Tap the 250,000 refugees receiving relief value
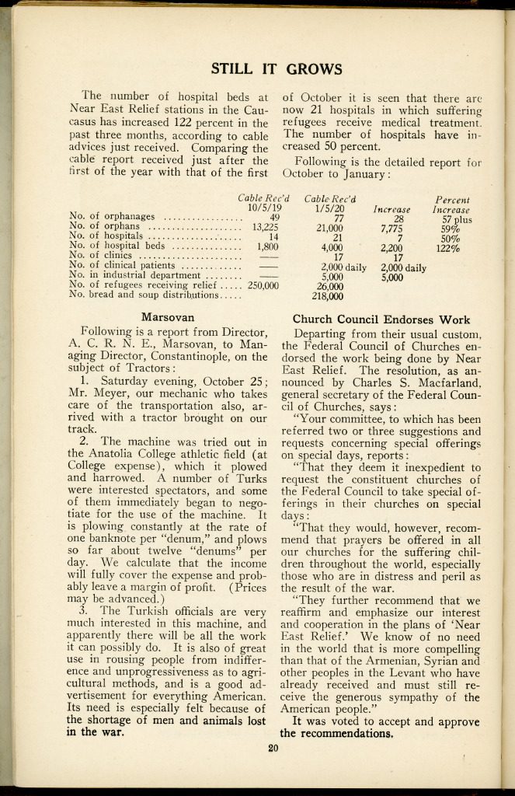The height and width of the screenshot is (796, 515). tap(263, 285)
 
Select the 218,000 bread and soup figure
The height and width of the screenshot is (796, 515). tap(328, 295)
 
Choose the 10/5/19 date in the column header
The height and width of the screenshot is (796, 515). tap(264, 208)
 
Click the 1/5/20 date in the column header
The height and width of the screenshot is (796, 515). tap(329, 208)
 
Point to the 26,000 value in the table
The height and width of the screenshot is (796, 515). tap(332, 285)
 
